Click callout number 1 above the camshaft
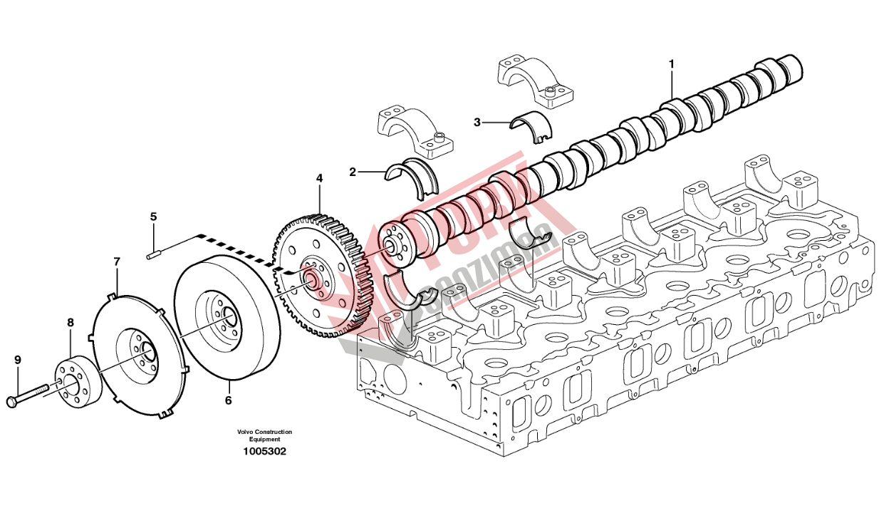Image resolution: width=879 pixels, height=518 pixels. click(671, 64)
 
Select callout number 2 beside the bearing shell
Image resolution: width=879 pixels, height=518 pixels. click(352, 172)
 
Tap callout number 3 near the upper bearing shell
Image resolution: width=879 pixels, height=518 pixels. click(477, 122)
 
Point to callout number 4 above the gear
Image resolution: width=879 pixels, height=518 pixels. click(319, 178)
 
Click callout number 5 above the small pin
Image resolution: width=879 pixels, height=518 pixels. click(152, 216)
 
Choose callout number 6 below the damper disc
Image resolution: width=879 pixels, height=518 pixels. click(228, 400)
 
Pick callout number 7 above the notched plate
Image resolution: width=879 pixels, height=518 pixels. click(117, 262)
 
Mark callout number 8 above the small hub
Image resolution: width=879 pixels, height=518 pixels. click(70, 323)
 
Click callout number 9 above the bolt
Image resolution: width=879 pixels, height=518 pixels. click(18, 360)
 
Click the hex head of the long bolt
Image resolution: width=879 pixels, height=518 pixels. click(12, 403)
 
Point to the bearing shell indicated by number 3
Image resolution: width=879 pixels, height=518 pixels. click(533, 125)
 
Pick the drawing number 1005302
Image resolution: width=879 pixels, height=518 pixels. click(265, 452)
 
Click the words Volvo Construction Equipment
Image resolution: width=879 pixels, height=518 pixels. click(265, 436)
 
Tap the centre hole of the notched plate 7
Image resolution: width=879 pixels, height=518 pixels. click(147, 351)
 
